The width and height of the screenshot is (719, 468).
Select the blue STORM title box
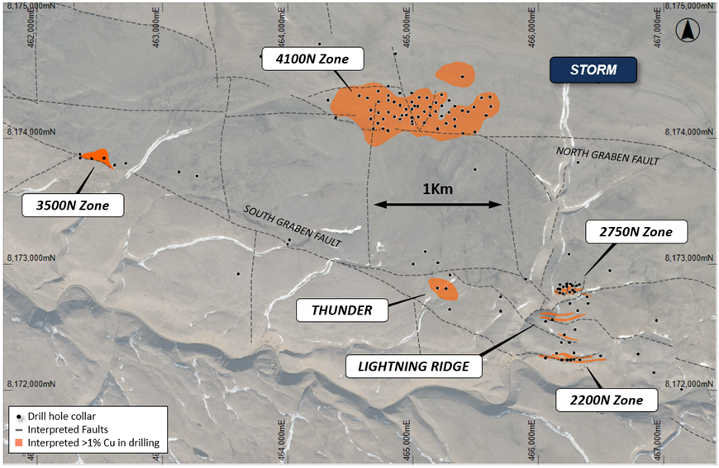coord(593,70)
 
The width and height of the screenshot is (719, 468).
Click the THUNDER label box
coord(342,310)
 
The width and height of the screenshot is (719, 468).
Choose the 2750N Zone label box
coord(637,233)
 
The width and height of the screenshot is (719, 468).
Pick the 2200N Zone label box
coord(607,401)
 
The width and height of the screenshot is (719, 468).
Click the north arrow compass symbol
coord(688,31)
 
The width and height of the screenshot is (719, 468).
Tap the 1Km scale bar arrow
coord(438,204)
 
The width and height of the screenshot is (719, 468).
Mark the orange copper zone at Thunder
coord(443,288)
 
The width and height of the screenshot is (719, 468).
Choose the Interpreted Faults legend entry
coord(66,429)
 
